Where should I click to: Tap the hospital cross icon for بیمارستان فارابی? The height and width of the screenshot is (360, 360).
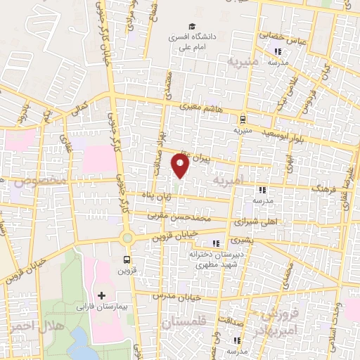102,295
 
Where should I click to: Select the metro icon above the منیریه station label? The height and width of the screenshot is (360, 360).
243,119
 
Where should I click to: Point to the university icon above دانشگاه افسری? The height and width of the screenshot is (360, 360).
191,22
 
